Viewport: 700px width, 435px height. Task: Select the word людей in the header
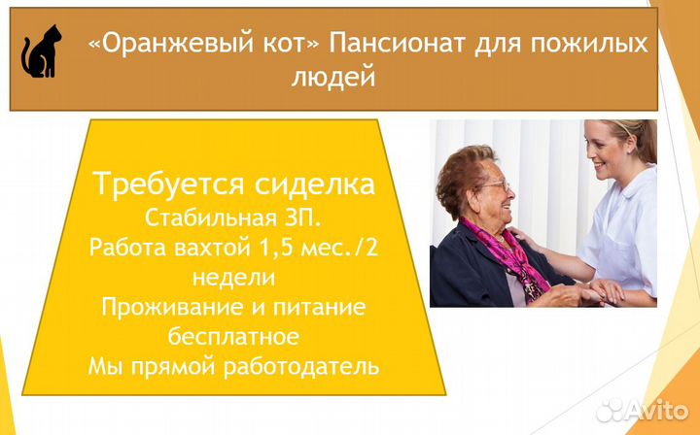tap(333, 77)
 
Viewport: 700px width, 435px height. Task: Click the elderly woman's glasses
tap(495, 185)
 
